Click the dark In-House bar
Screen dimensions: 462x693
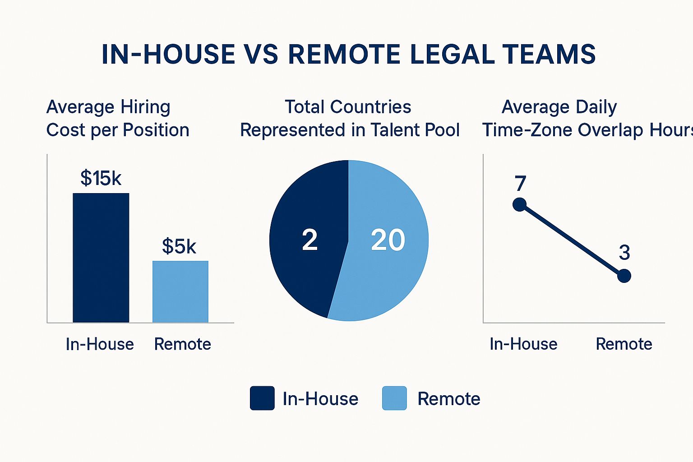point(101,258)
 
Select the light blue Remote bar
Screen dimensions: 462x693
point(180,291)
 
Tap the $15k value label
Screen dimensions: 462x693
point(101,178)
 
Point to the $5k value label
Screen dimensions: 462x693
point(179,246)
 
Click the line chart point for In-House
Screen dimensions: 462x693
point(520,204)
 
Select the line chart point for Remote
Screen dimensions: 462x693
point(624,276)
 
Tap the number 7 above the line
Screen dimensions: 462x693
point(520,184)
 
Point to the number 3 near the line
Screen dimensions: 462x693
point(624,253)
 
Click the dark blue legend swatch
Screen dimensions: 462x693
point(262,398)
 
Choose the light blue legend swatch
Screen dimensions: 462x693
point(394,398)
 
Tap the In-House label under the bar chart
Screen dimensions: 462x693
point(100,344)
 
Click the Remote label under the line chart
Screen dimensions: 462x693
point(624,344)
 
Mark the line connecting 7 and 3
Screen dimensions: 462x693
point(572,240)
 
